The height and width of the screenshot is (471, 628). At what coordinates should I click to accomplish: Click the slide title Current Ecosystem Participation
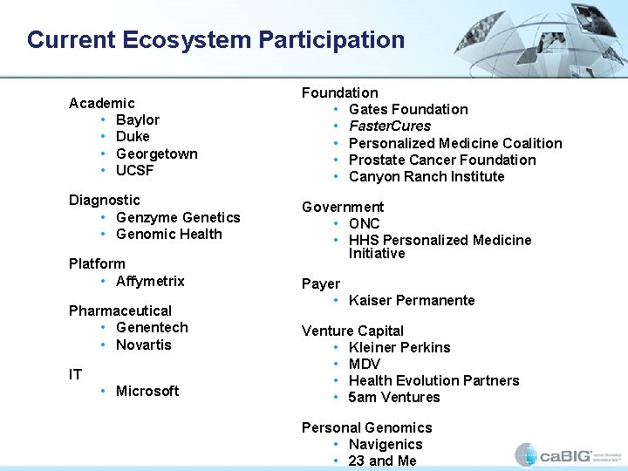[215, 40]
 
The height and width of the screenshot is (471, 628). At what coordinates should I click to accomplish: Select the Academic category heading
[102, 103]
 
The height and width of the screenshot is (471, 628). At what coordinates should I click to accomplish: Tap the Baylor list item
[138, 119]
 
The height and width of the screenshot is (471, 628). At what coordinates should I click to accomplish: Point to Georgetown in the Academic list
[157, 154]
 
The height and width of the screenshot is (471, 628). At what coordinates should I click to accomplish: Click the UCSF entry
[135, 170]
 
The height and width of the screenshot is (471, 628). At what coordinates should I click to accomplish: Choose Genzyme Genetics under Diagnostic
[178, 217]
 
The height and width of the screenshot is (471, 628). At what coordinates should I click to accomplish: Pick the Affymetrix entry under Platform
[150, 281]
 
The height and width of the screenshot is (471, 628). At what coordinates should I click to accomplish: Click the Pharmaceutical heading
[120, 311]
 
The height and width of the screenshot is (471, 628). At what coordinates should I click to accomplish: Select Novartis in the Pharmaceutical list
[144, 345]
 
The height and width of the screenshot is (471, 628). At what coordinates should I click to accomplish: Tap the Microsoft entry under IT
[147, 391]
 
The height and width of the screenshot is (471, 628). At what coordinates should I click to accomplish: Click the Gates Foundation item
[408, 109]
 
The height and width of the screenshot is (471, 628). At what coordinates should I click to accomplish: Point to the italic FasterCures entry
[390, 126]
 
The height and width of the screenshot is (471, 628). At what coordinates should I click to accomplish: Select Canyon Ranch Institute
[427, 176]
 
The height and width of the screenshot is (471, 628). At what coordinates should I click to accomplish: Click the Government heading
[343, 207]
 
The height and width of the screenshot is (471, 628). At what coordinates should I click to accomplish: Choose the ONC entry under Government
[365, 223]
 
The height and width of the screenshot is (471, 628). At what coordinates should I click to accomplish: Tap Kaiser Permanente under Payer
[412, 300]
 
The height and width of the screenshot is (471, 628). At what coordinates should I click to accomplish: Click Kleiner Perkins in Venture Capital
[399, 347]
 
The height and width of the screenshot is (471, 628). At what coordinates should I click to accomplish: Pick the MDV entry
[365, 364]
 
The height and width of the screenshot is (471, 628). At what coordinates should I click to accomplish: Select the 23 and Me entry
[383, 461]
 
